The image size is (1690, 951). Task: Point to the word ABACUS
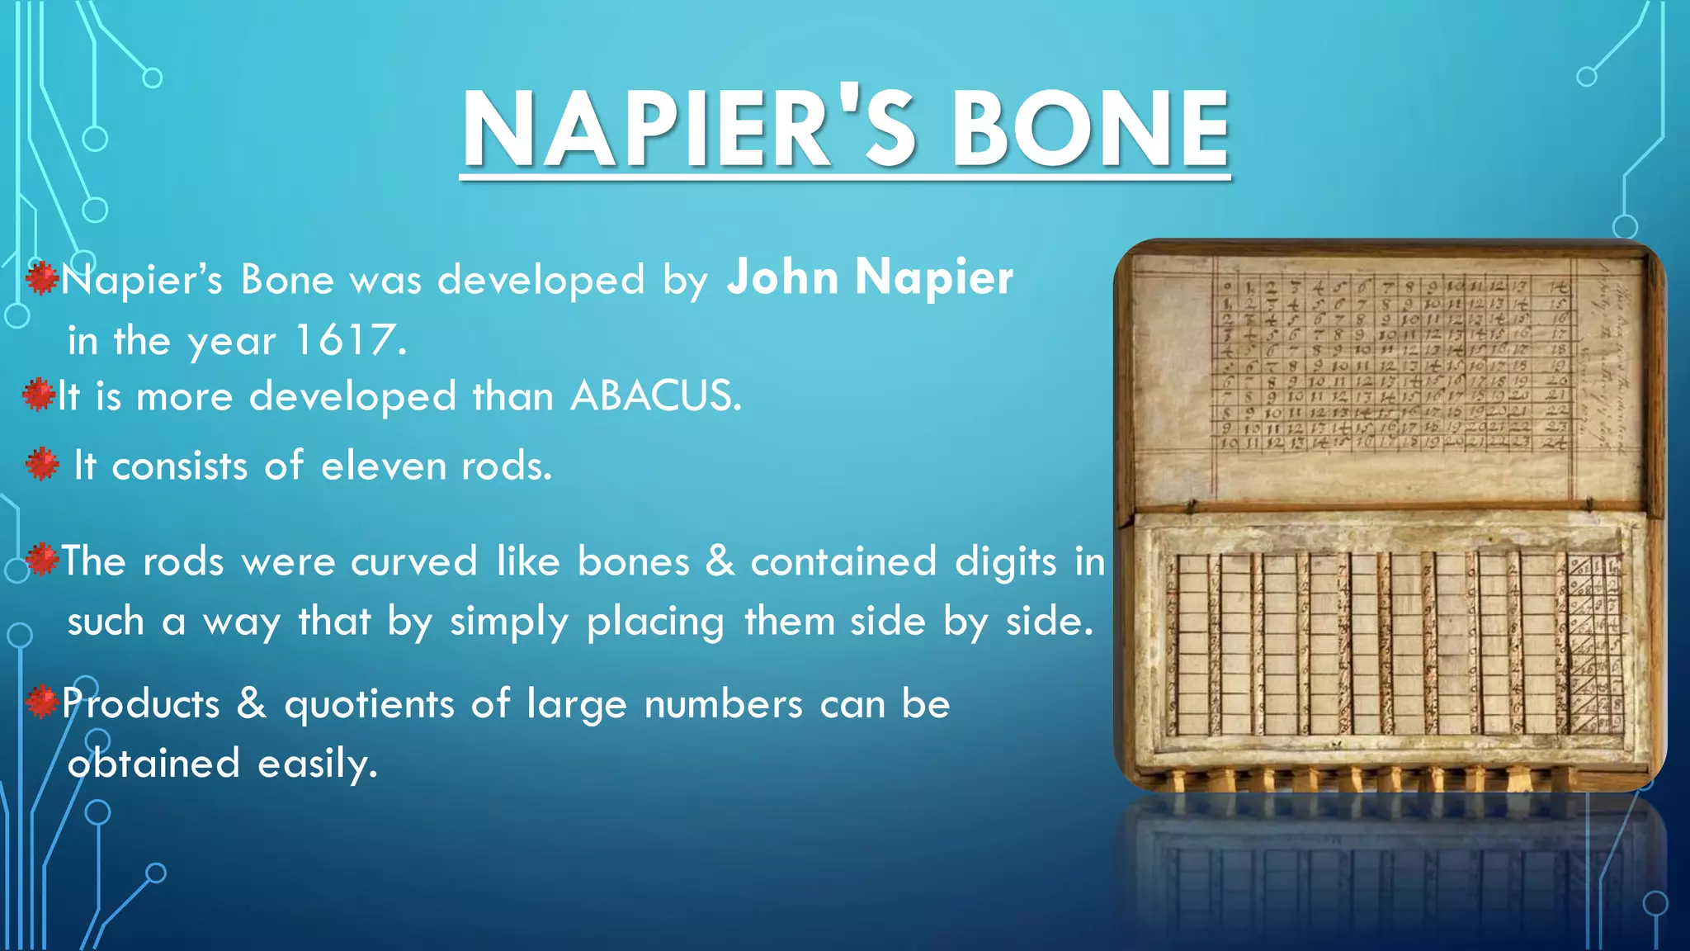655,396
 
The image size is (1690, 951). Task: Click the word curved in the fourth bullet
414,562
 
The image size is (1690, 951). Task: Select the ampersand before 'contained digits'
720,561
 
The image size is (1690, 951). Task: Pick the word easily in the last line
318,764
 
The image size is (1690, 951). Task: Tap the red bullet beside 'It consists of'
42,465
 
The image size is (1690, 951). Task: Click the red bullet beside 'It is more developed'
39,395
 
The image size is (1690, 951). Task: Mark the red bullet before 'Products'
41,703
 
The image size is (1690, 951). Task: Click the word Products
141,704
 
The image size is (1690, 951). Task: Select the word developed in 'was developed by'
541,281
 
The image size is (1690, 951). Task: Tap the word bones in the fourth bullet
633,562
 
